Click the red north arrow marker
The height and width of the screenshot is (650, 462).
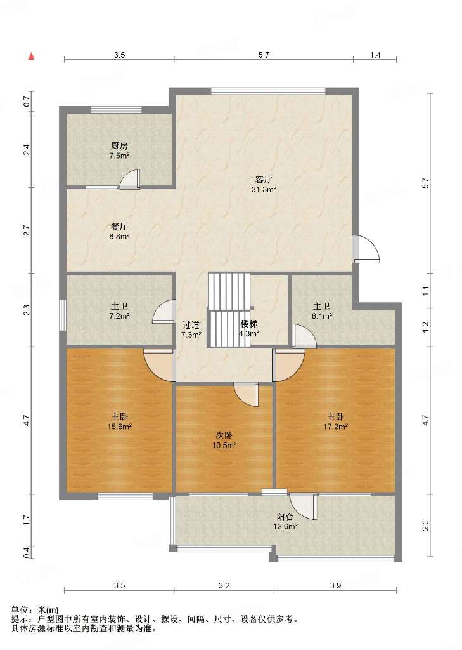pyautogui.click(x=31, y=56)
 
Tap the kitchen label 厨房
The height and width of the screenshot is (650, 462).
pyautogui.click(x=119, y=146)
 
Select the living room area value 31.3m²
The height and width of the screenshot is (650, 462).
pyautogui.click(x=264, y=190)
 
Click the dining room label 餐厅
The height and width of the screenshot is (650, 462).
pyautogui.click(x=119, y=227)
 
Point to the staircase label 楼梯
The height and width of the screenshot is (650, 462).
pyautogui.click(x=250, y=323)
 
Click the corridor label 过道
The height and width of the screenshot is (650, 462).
pyautogui.click(x=191, y=325)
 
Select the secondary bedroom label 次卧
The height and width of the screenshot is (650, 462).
pyautogui.click(x=224, y=435)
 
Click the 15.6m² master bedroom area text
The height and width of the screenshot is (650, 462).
pyautogui.click(x=119, y=427)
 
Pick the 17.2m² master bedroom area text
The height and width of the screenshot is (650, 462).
pyautogui.click(x=335, y=426)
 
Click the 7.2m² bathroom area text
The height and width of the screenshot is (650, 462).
pyautogui.click(x=119, y=316)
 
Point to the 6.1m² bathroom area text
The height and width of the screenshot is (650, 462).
pyautogui.click(x=322, y=316)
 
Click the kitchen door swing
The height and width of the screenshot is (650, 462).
pyautogui.click(x=130, y=179)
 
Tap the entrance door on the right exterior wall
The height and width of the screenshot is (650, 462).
pyautogui.click(x=366, y=249)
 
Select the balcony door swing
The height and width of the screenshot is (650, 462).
pyautogui.click(x=304, y=506)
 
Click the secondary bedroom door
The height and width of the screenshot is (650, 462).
pyautogui.click(x=247, y=395)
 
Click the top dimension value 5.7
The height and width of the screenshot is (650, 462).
pyautogui.click(x=264, y=55)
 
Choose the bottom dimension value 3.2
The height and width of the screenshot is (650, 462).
pyautogui.click(x=224, y=585)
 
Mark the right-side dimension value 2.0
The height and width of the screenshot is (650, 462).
pyautogui.click(x=426, y=525)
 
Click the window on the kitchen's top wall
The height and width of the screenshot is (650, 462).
pyautogui.click(x=117, y=110)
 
